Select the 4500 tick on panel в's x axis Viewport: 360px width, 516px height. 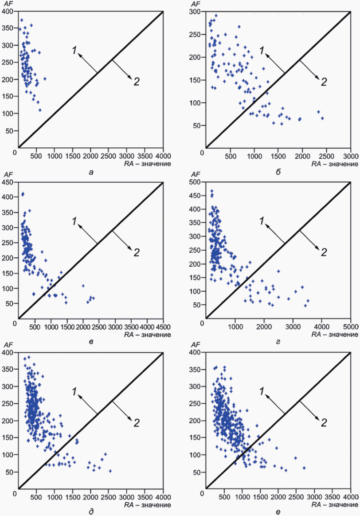(x=163, y=323)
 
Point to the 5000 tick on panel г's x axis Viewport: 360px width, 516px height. (x=350, y=323)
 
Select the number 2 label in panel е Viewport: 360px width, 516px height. (x=324, y=422)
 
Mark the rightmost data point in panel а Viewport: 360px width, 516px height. (x=45, y=79)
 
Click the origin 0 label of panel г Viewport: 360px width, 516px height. (x=202, y=323)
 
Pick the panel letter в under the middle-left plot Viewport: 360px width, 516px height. (x=91, y=341)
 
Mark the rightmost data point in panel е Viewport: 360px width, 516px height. (x=304, y=468)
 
